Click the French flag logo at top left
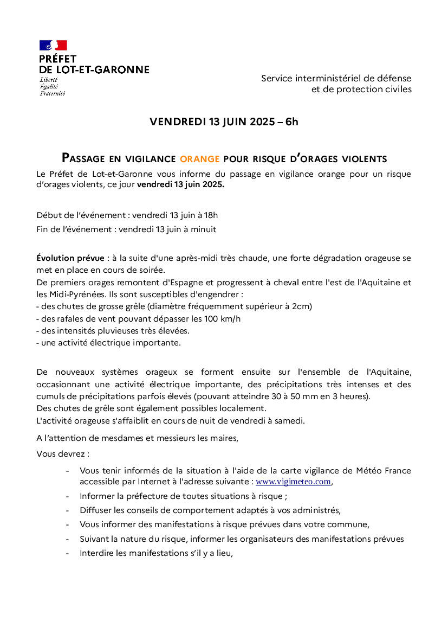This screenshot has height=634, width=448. (x=53, y=45)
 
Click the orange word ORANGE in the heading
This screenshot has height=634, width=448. (x=199, y=159)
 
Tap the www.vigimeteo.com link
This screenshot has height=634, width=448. (x=293, y=482)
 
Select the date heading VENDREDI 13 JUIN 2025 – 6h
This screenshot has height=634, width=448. (x=224, y=122)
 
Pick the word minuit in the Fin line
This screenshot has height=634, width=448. (x=203, y=229)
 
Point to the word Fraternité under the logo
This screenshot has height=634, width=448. (x=52, y=93)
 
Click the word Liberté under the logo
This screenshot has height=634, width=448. (x=49, y=80)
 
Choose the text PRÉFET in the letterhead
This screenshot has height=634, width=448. (x=58, y=59)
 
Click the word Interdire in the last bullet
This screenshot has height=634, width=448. (x=96, y=554)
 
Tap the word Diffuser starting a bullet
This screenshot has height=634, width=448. (x=96, y=510)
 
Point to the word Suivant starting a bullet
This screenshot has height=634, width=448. (x=95, y=539)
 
